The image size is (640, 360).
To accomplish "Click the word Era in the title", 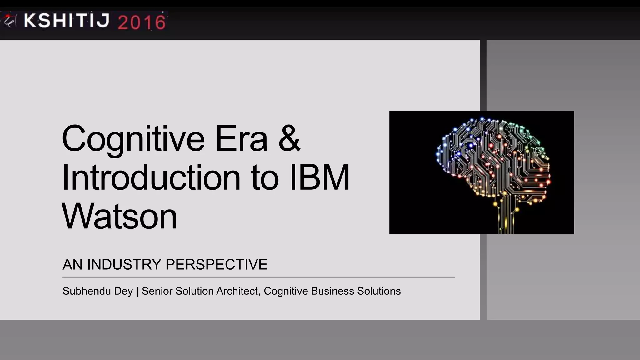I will (x=241, y=139).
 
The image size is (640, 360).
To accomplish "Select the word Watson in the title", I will (x=119, y=216).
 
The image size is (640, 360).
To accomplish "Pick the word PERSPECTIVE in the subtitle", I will (x=216, y=264).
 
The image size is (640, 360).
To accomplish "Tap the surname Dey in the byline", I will (x=123, y=291).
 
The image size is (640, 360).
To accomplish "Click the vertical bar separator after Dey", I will (x=137, y=291).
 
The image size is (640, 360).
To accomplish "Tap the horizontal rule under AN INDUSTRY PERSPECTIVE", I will (x=258, y=277).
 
